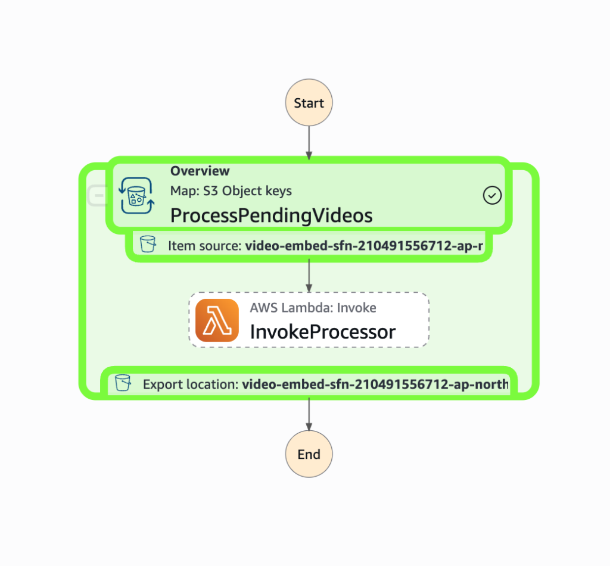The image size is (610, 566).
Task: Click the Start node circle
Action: click(309, 103)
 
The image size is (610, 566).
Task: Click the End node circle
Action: click(309, 454)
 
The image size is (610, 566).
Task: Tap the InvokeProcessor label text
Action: click(322, 332)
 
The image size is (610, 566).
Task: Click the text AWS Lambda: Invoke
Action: click(313, 308)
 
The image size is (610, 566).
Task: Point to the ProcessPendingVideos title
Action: click(271, 215)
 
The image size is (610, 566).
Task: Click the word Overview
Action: click(200, 171)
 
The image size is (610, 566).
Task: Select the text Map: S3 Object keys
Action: click(231, 191)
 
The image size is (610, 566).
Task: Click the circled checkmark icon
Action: click(492, 195)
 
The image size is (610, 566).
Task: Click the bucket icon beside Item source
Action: click(147, 244)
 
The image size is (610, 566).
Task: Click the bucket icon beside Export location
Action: click(123, 383)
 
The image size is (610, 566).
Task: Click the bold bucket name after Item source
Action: click(363, 245)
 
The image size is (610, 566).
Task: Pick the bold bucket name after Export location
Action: click(375, 384)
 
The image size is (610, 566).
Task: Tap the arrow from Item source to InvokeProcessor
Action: click(309, 276)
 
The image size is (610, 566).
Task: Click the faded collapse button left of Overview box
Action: click(97, 195)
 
